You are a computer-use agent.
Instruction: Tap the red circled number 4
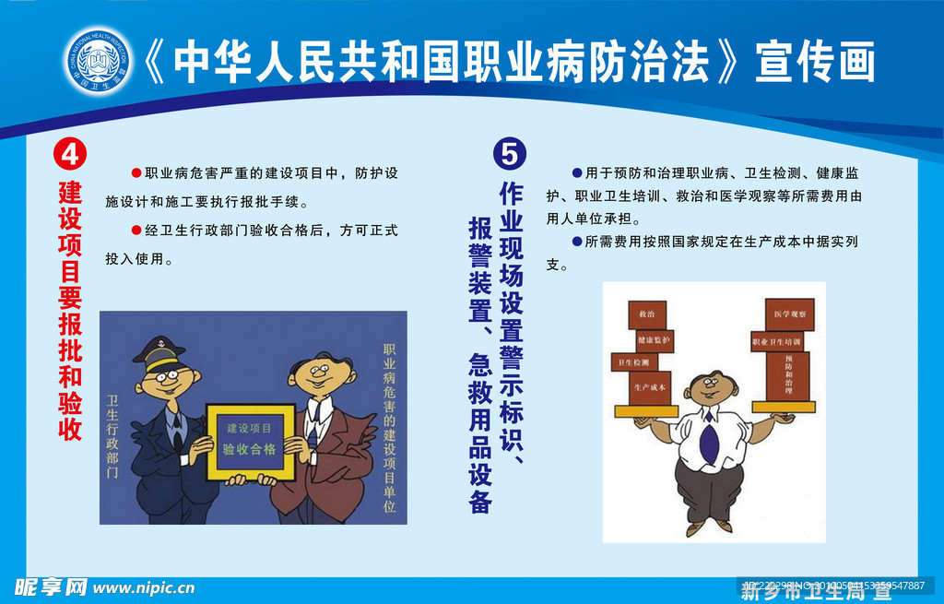tap(69, 153)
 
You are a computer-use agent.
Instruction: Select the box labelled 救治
tap(647, 314)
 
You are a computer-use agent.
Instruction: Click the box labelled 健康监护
tap(651, 340)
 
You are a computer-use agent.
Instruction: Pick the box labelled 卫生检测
tap(633, 362)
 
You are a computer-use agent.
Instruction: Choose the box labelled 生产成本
tap(649, 387)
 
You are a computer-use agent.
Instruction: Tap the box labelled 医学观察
tap(790, 314)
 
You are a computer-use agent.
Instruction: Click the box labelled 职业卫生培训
tap(777, 341)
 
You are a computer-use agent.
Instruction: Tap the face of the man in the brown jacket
tap(323, 373)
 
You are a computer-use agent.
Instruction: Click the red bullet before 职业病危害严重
tap(136, 172)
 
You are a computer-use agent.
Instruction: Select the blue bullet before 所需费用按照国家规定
tap(577, 242)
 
